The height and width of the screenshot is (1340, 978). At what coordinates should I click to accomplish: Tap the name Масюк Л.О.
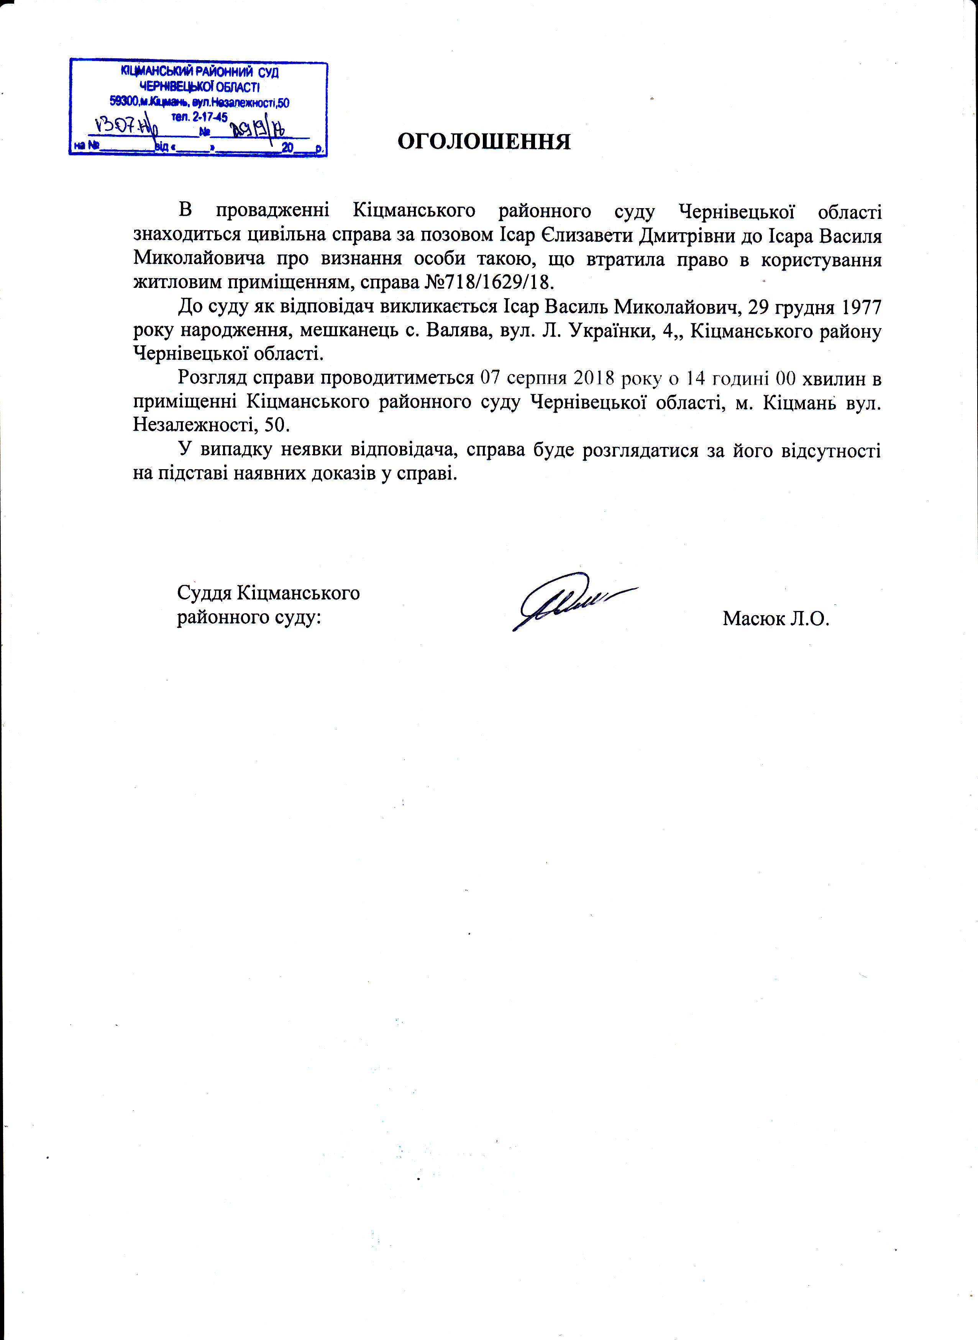tap(776, 619)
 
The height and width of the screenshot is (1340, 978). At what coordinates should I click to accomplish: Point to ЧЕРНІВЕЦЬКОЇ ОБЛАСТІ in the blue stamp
tap(199, 87)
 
